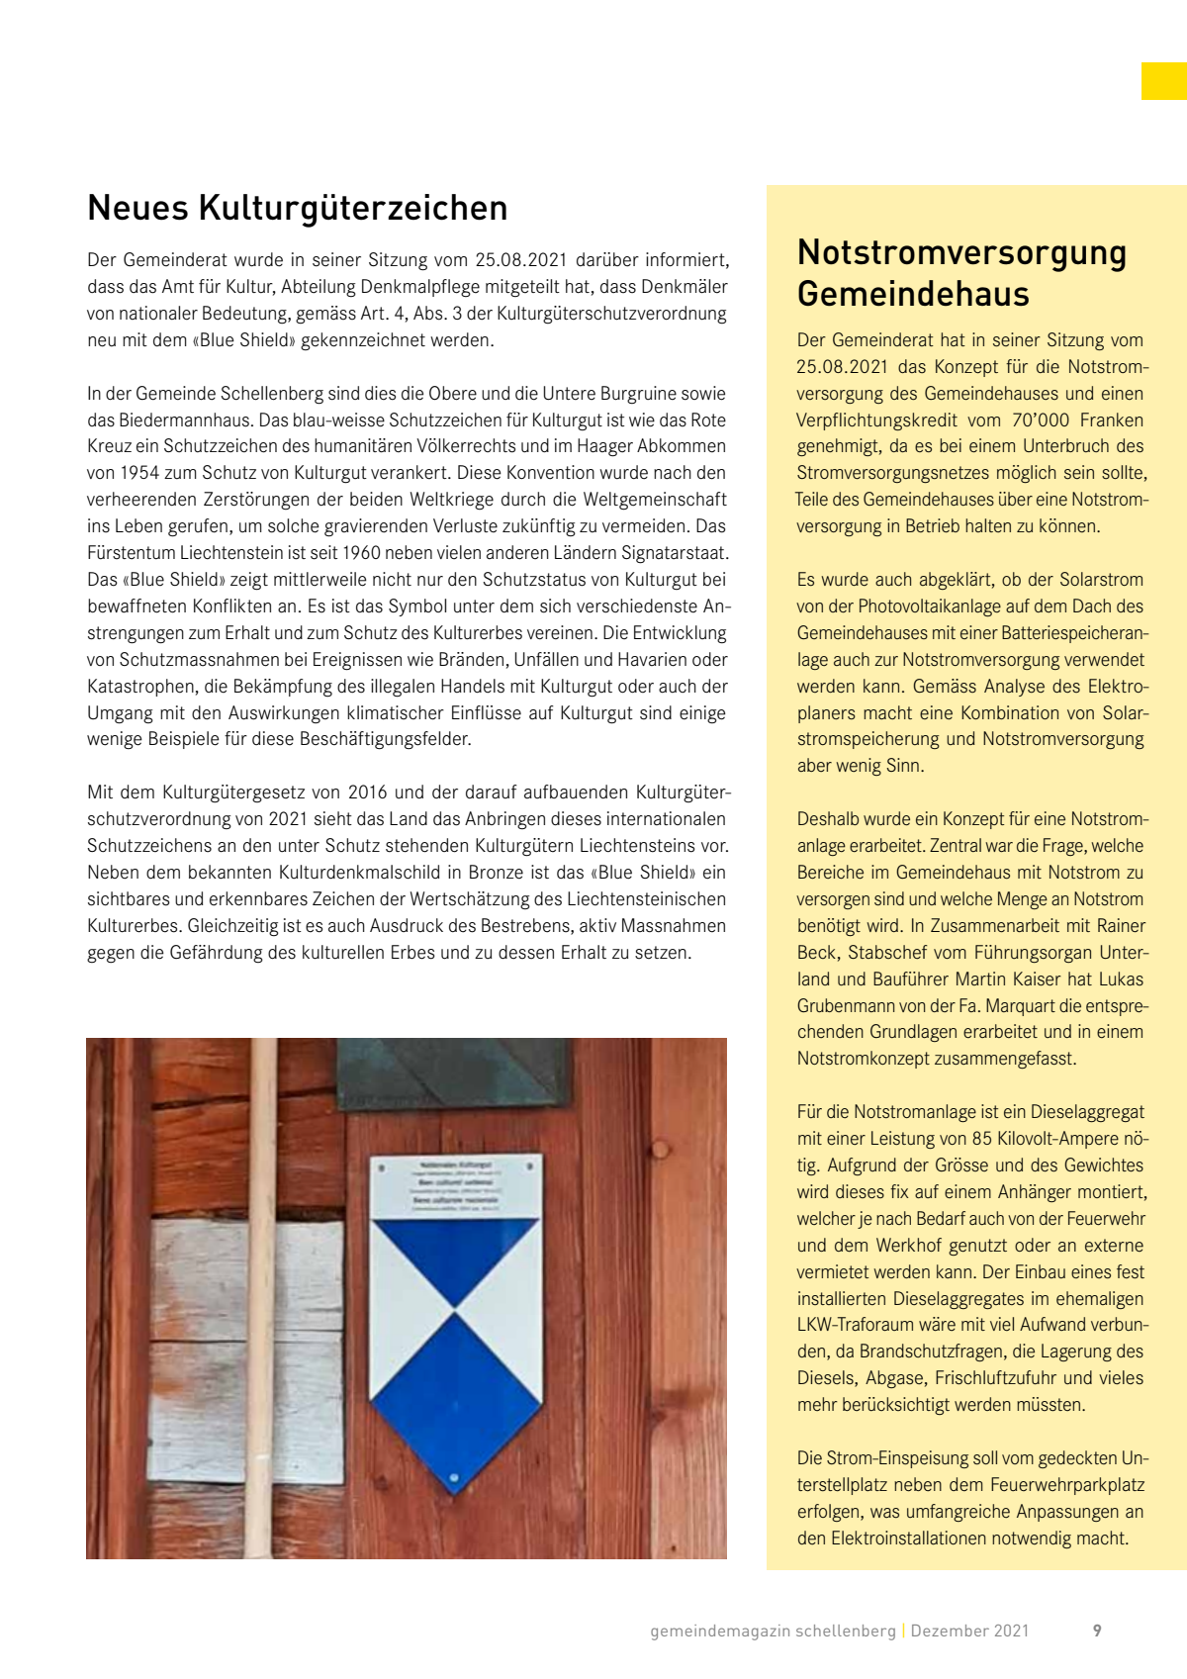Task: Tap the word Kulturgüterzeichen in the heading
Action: pos(353,208)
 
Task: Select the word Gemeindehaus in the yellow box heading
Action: pos(913,294)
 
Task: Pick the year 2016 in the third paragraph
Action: pos(361,793)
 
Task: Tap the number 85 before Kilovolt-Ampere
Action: pos(982,1139)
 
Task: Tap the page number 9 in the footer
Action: pos(1097,1631)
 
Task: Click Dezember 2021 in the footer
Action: pos(969,1631)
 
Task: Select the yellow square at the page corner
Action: pos(1163,81)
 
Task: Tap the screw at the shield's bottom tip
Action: pos(454,1478)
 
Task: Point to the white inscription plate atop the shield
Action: pos(456,1186)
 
